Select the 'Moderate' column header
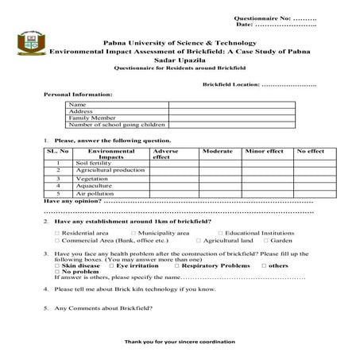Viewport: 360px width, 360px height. [217, 150]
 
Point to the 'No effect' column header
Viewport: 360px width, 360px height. [309, 150]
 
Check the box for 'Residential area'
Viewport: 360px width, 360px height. [57, 233]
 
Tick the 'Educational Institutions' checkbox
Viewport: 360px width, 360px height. [222, 233]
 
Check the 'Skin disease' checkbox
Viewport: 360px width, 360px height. [57, 265]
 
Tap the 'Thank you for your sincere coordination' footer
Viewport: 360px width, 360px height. [180, 341]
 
